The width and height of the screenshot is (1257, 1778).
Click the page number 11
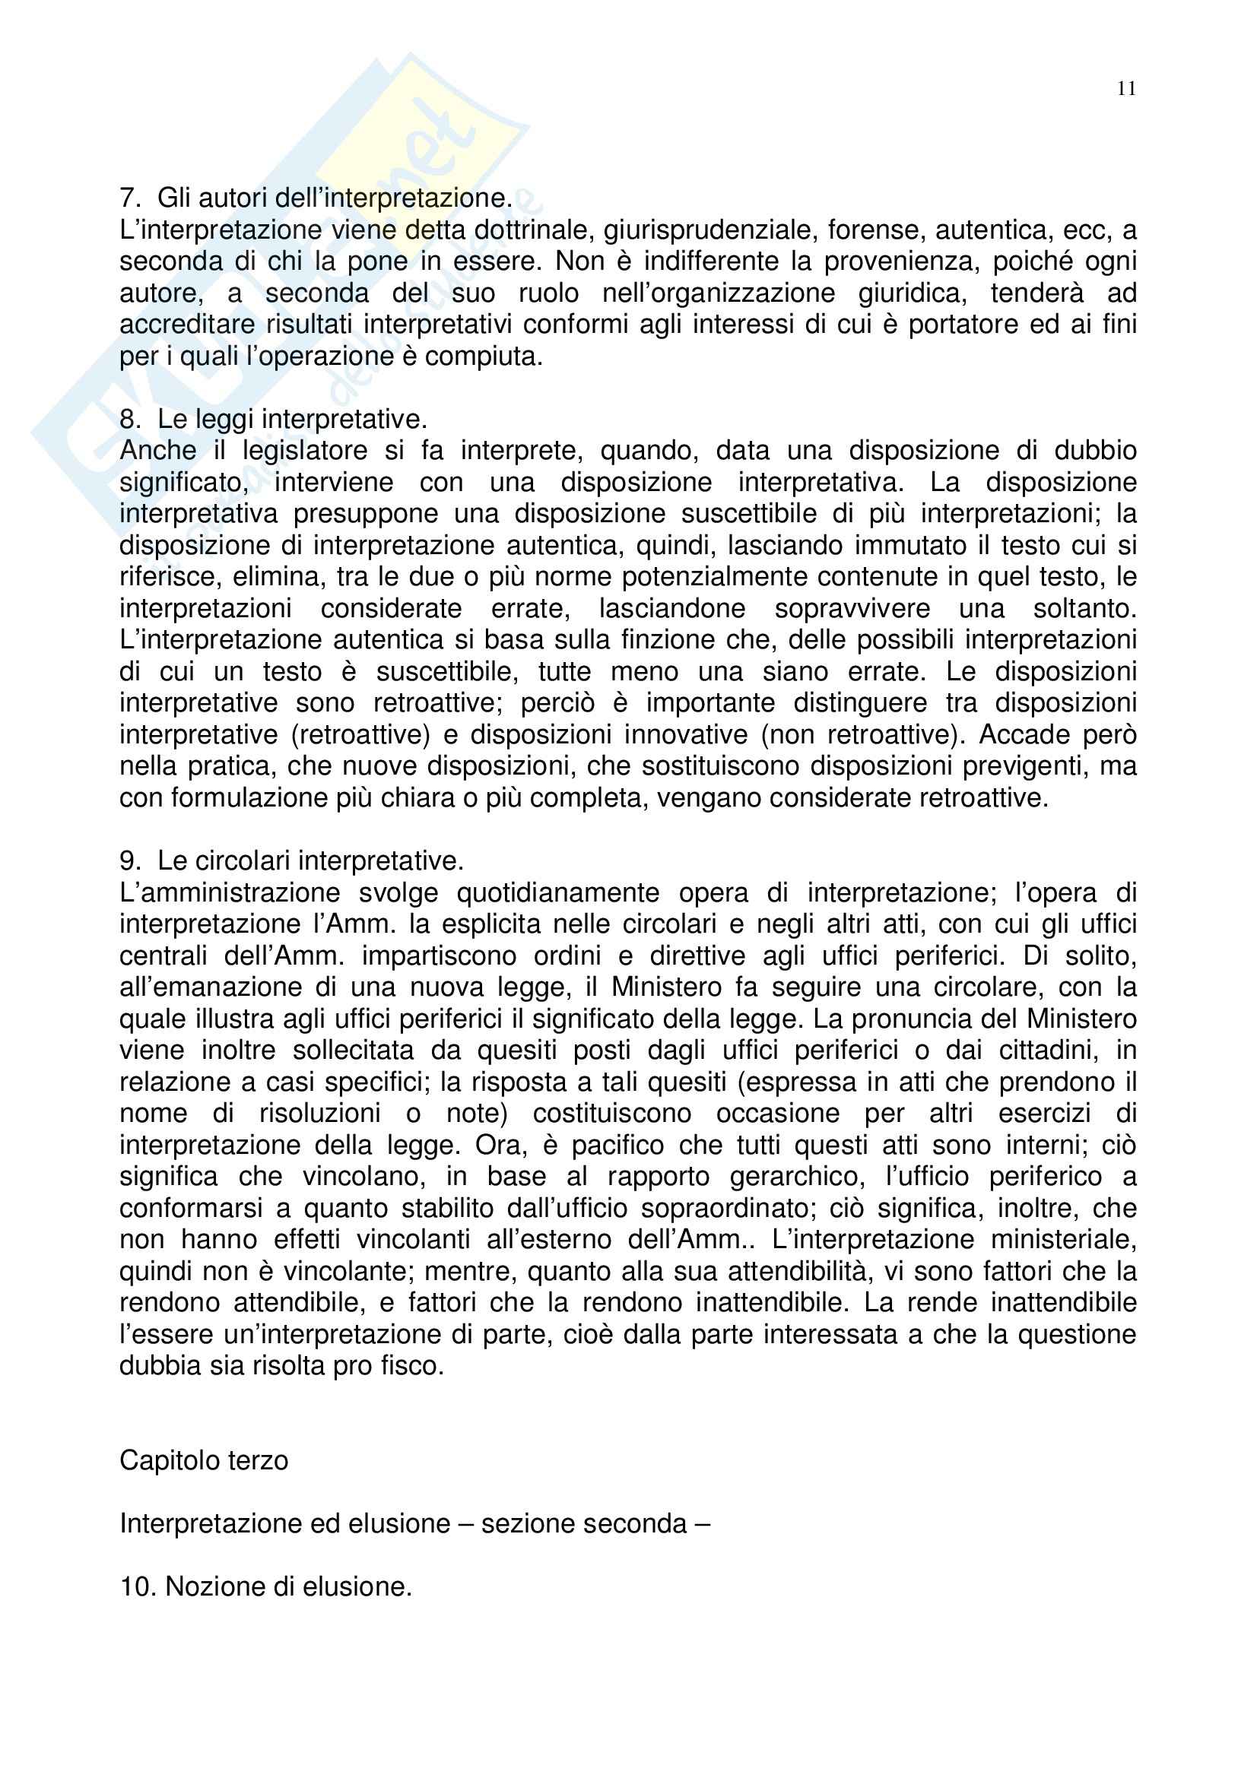tap(1126, 89)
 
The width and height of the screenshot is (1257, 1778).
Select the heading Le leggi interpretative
tap(291, 419)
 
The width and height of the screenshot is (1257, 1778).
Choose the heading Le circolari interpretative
tap(309, 860)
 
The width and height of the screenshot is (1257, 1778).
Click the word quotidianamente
tap(557, 893)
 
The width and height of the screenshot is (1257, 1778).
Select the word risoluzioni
tap(320, 1113)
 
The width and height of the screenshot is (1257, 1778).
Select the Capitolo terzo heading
tap(204, 1460)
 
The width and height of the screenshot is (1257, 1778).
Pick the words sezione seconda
tap(584, 1524)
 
